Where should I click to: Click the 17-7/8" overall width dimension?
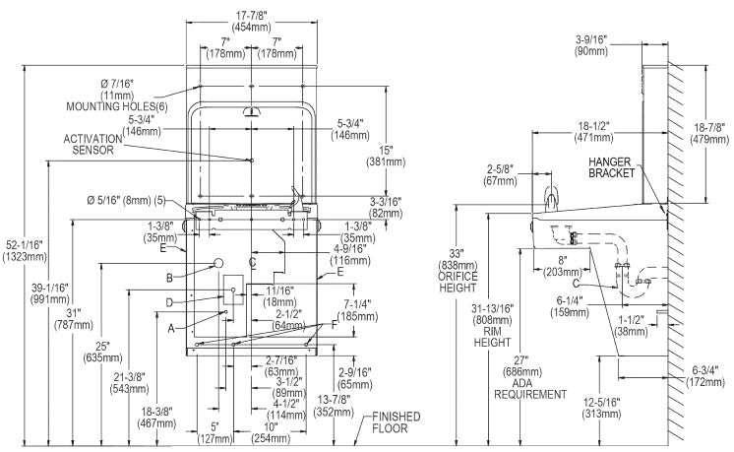tap(253, 22)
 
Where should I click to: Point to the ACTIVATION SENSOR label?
tap(92, 144)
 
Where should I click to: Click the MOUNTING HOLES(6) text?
tap(116, 106)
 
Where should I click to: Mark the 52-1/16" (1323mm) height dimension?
tap(25, 250)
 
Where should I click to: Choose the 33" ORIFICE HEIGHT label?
tap(458, 271)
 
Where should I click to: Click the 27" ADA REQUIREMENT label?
tap(529, 377)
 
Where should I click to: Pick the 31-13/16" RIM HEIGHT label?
tap(492, 325)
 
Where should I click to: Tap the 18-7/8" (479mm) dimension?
tap(709, 133)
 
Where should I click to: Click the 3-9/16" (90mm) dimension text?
tap(591, 44)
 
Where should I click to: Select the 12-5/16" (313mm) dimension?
tap(601, 408)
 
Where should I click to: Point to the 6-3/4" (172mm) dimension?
tap(705, 375)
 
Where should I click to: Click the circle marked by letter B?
tap(217, 263)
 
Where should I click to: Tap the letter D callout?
tap(169, 302)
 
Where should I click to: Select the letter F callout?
tap(334, 324)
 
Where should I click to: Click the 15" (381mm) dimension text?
tap(386, 156)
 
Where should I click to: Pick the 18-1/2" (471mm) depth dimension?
tap(593, 132)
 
